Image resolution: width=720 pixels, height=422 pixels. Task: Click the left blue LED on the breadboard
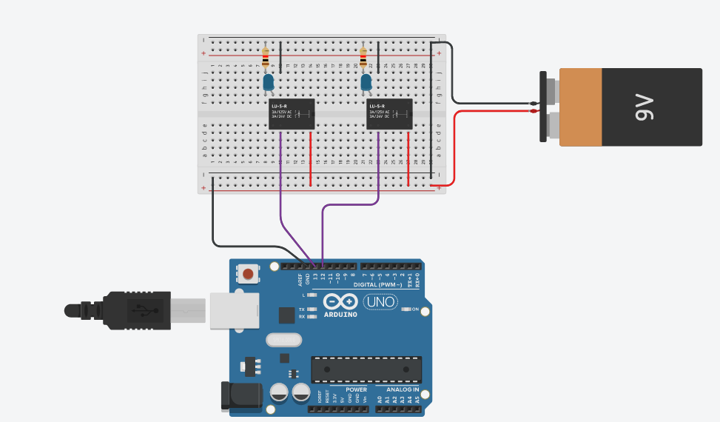268,82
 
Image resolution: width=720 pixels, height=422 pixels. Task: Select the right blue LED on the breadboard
366,82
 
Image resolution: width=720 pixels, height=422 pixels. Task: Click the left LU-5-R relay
291,114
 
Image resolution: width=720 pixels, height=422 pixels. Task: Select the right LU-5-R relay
390,114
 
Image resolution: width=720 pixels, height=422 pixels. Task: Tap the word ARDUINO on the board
340,315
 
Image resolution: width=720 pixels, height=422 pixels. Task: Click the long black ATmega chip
366,368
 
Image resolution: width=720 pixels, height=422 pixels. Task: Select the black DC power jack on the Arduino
241,396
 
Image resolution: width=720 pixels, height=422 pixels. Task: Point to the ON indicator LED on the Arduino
406,309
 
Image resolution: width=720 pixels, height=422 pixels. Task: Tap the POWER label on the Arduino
357,389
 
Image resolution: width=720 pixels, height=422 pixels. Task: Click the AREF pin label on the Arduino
300,278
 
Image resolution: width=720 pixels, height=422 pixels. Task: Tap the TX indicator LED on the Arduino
312,309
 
